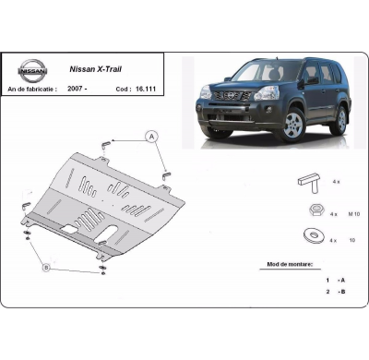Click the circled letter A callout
[x=150, y=136]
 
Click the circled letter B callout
[x=45, y=268]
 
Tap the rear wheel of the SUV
[x=338, y=120]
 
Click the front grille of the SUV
[x=227, y=97]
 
